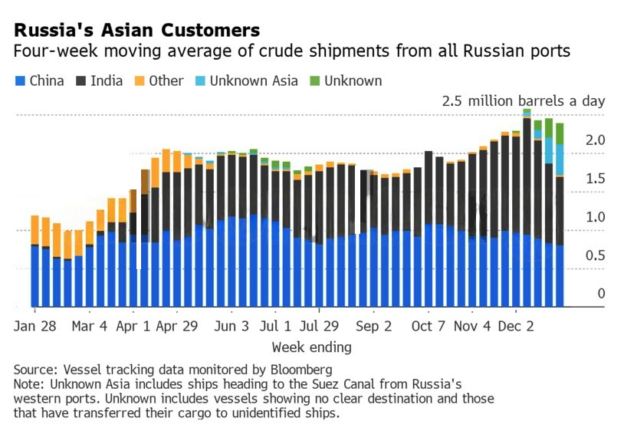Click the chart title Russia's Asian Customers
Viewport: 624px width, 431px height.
pos(137,31)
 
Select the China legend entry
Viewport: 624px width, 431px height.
pos(40,81)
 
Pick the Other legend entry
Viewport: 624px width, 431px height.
pos(159,81)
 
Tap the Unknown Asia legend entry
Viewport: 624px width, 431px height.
pos(246,81)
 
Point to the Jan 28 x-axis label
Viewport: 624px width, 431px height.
pos(35,326)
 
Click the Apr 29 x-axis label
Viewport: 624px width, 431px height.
pos(177,326)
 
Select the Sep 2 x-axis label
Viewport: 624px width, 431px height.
pos(374,326)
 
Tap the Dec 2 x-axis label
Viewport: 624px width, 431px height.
pos(516,326)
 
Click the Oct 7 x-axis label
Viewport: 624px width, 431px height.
pos(428,326)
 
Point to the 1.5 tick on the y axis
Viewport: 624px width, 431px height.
pos(595,179)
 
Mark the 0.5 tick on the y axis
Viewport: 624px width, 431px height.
pos(595,255)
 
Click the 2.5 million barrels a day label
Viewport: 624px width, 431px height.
pos(524,100)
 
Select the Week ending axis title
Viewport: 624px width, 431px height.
pos(311,347)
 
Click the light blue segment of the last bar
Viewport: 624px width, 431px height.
pos(560,160)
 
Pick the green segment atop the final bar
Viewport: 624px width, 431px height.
pos(560,133)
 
